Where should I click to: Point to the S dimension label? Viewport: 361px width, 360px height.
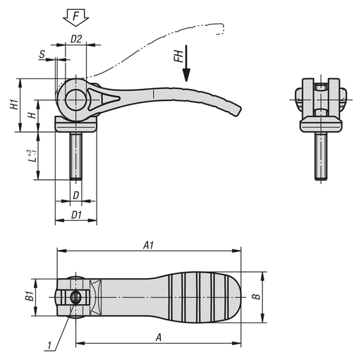pyautogui.click(x=43, y=54)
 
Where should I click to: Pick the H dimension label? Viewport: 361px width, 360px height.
pyautogui.click(x=30, y=115)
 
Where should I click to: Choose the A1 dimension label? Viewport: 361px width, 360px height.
pyautogui.click(x=149, y=245)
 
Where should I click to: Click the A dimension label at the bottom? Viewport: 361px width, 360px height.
pyautogui.click(x=158, y=337)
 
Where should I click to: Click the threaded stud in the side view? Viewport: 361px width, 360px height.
pyautogui.click(x=75, y=155)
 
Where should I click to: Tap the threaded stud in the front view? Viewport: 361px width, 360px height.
pyautogui.click(x=320, y=155)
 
